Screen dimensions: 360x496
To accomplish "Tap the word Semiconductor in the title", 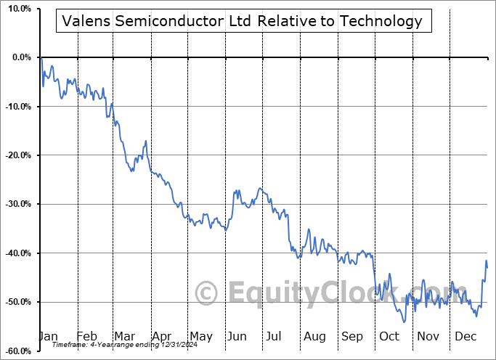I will pos(167,21).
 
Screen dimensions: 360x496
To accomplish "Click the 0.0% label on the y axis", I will pos(20,57).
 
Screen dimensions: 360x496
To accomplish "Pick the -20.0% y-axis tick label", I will pos(17,155).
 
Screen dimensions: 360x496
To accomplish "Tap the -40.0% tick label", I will pos(17,253).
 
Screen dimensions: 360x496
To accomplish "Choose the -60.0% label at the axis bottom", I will pos(17,351).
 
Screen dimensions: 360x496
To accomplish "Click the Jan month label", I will pos(49,336).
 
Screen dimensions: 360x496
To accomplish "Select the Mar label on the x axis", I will pos(124,336).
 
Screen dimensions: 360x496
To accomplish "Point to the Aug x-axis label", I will pos(315,336).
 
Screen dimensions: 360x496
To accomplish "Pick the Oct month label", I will pos(390,336).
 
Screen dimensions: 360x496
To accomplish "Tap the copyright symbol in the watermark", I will pos(207,293).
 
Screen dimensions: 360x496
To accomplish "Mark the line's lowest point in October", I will pos(403,322).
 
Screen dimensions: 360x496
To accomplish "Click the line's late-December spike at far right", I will pos(486,261).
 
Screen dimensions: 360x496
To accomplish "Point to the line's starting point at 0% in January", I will pos(41,58).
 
